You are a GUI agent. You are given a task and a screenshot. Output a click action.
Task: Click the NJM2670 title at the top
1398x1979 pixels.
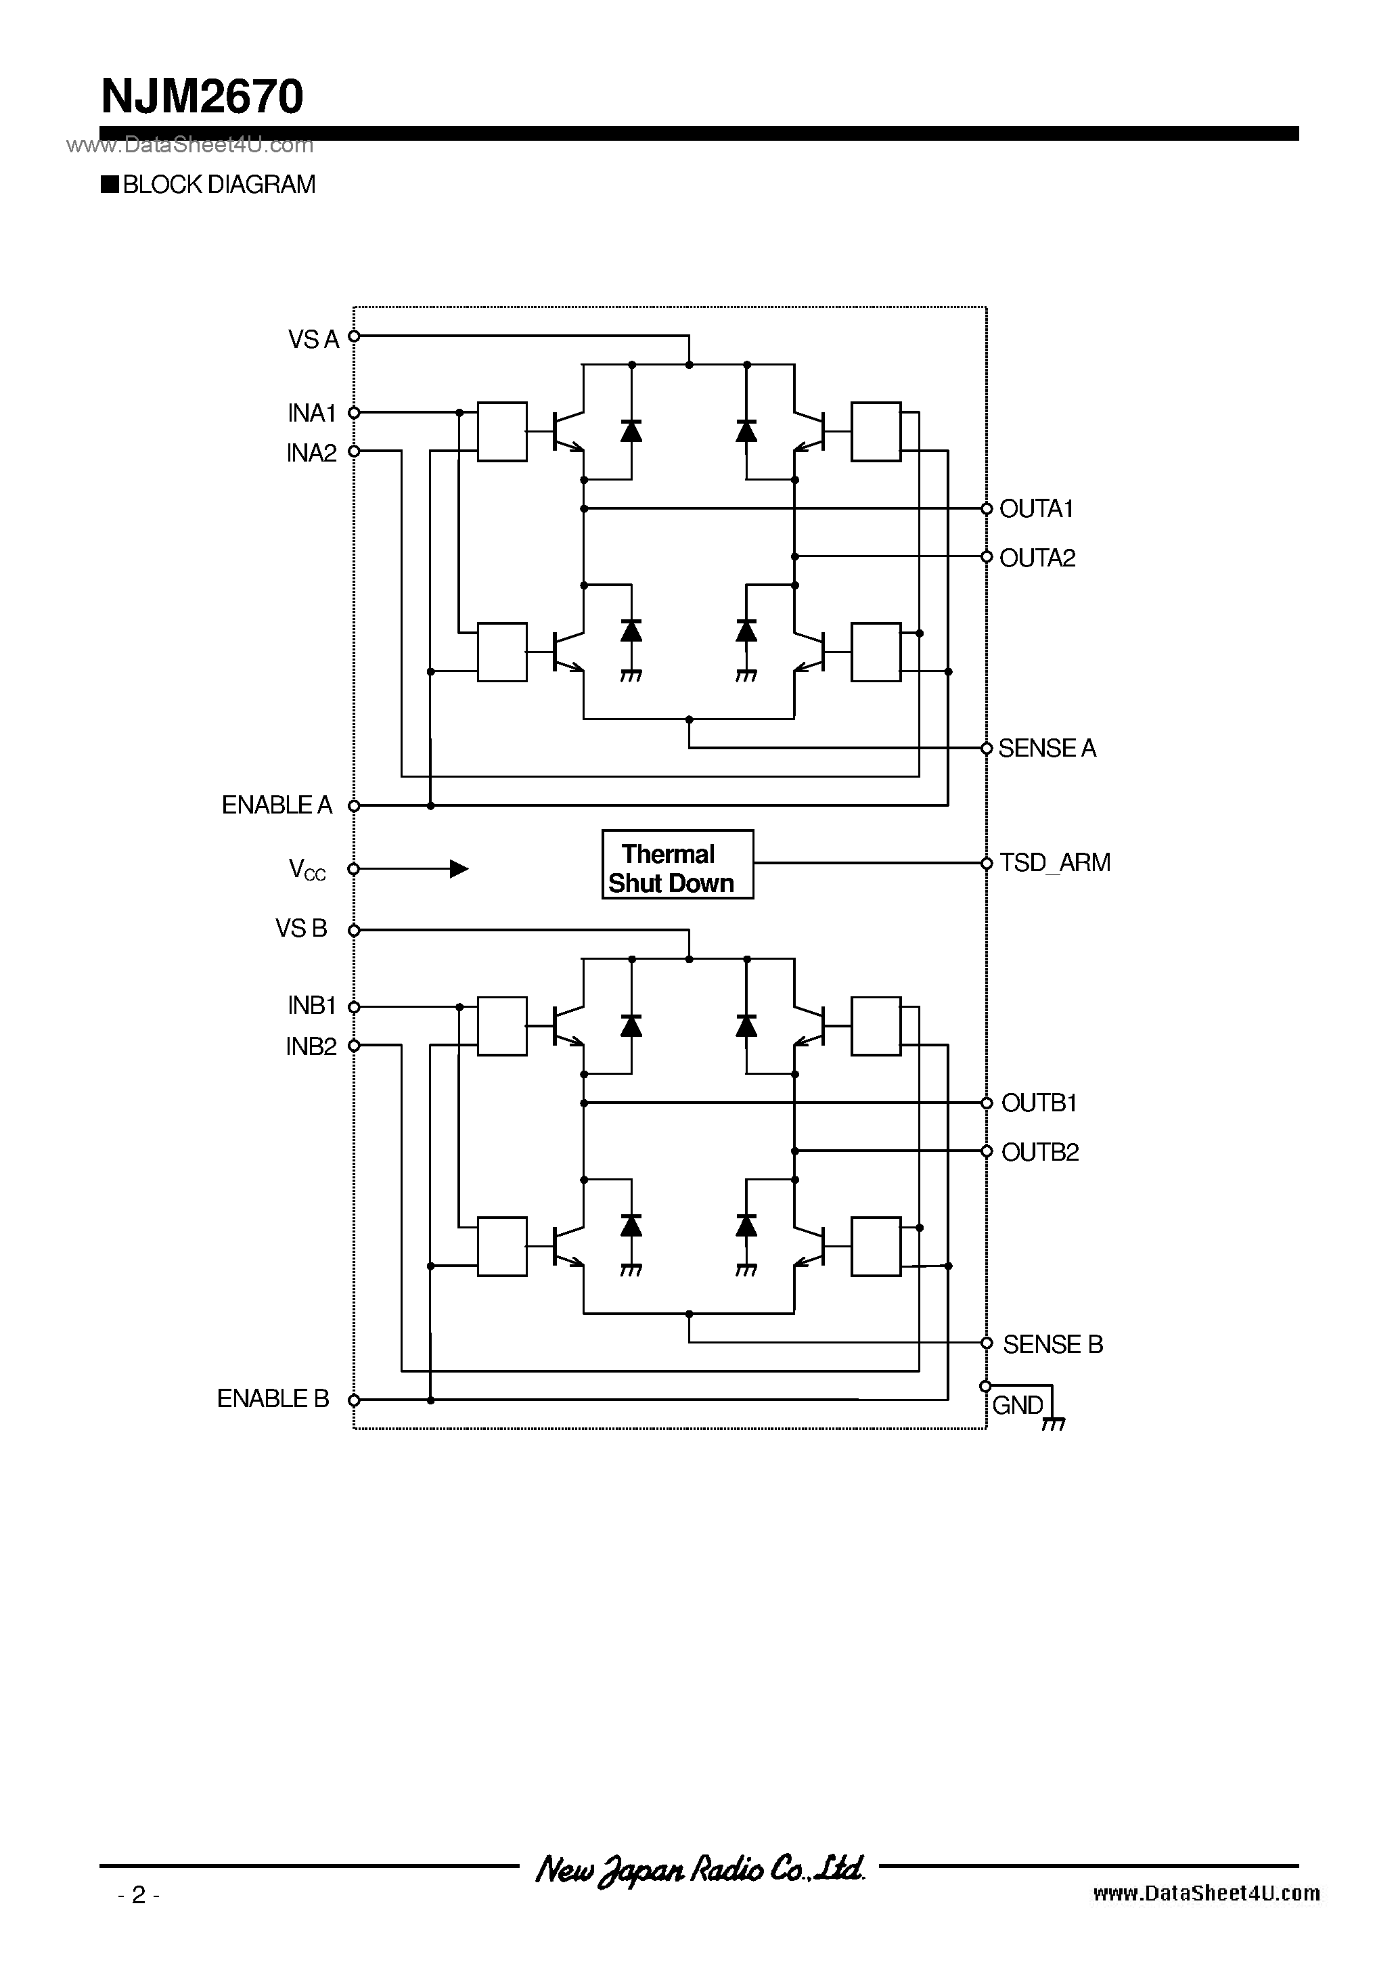202,97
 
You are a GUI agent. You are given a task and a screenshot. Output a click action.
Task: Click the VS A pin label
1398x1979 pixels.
313,340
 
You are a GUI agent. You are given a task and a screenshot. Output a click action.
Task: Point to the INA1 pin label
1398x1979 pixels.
311,414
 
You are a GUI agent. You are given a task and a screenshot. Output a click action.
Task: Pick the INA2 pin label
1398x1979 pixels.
311,453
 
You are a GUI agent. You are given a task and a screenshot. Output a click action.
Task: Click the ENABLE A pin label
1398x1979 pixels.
277,805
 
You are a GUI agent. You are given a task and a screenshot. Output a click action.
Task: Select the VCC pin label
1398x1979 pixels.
307,869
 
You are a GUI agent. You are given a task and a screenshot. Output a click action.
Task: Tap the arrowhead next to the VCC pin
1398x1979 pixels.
459,869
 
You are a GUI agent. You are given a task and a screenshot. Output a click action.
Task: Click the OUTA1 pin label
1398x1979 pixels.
1036,510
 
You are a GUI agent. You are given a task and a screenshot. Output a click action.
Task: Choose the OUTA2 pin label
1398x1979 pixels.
1037,558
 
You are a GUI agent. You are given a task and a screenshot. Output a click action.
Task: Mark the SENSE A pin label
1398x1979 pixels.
1046,748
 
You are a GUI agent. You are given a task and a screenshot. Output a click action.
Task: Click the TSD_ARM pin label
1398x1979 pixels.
1054,863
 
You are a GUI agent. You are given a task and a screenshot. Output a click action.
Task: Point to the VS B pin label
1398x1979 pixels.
301,929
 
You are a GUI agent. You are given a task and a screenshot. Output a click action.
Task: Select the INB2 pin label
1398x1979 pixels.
311,1046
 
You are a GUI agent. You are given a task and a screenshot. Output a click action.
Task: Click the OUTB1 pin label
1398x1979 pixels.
1039,1103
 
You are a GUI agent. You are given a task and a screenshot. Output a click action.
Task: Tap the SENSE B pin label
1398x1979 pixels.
1052,1343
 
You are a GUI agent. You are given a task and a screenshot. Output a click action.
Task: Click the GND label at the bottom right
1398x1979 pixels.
1017,1405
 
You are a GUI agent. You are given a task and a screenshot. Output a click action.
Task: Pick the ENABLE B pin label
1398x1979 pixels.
273,1398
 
